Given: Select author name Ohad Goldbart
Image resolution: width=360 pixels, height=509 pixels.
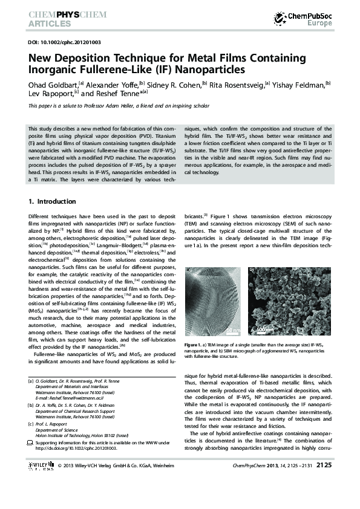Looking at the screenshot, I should coord(51,83).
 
